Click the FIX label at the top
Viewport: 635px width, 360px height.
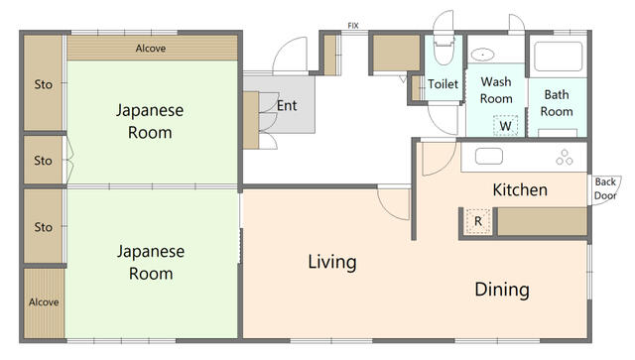[x=353, y=26]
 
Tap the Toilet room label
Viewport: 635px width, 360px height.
[x=444, y=84]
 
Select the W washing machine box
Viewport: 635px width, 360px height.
[x=505, y=126]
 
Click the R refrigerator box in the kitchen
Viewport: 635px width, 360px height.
[x=478, y=221]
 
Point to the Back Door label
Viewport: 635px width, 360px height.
[x=605, y=188]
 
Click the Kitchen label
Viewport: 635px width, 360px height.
[x=520, y=189]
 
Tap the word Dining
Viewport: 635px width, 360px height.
[x=502, y=290]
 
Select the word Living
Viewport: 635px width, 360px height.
[x=332, y=262]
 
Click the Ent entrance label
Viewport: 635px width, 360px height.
[x=287, y=106]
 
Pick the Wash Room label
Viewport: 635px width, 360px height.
[x=496, y=90]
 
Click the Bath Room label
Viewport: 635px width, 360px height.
[x=557, y=103]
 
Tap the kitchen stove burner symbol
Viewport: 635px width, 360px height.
[x=565, y=157]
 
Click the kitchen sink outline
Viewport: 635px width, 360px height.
[x=489, y=157]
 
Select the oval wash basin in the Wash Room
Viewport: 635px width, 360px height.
[x=482, y=54]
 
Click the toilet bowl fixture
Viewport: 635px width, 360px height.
[x=444, y=50]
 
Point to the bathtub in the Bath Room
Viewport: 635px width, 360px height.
[x=558, y=57]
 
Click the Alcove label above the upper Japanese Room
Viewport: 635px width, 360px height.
[x=151, y=49]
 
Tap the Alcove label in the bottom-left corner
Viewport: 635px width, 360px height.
[x=44, y=302]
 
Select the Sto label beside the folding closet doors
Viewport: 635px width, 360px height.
[x=43, y=161]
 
